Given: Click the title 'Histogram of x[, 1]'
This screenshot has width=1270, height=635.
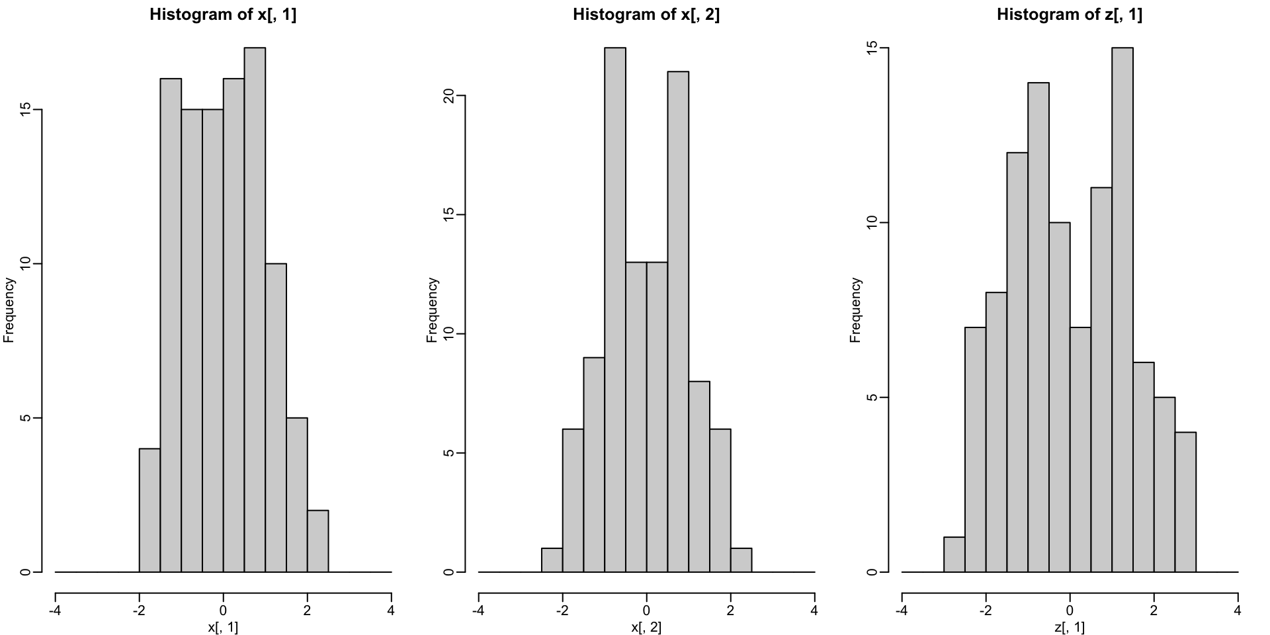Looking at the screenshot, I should tap(223, 15).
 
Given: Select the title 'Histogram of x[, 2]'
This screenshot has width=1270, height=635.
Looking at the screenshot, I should tap(646, 15).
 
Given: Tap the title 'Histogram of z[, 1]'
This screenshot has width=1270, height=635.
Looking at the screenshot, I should tap(1070, 15).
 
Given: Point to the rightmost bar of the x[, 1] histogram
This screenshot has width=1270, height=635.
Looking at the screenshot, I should tap(318, 541).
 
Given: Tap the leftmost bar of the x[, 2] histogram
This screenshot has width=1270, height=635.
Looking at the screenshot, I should tap(552, 560).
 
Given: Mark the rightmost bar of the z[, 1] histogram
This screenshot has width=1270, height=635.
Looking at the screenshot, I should tap(1185, 502).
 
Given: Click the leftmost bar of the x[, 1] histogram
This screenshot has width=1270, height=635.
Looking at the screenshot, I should tap(149, 510).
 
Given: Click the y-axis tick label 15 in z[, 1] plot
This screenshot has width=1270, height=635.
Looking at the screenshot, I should tap(871, 48).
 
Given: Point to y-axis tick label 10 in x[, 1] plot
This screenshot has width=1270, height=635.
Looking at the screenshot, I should tap(24, 264).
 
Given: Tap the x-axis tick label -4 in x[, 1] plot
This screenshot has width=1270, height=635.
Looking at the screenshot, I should tap(55, 611).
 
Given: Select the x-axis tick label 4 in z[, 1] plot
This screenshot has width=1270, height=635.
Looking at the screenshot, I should tap(1238, 611).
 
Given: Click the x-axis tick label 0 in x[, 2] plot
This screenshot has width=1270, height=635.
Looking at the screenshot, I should tap(646, 611).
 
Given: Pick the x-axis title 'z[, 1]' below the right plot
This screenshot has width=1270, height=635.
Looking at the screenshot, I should tap(1070, 627).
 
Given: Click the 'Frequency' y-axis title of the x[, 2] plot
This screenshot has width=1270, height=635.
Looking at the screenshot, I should tap(432, 310).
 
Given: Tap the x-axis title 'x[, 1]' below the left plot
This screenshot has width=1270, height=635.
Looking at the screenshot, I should tap(223, 627).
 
